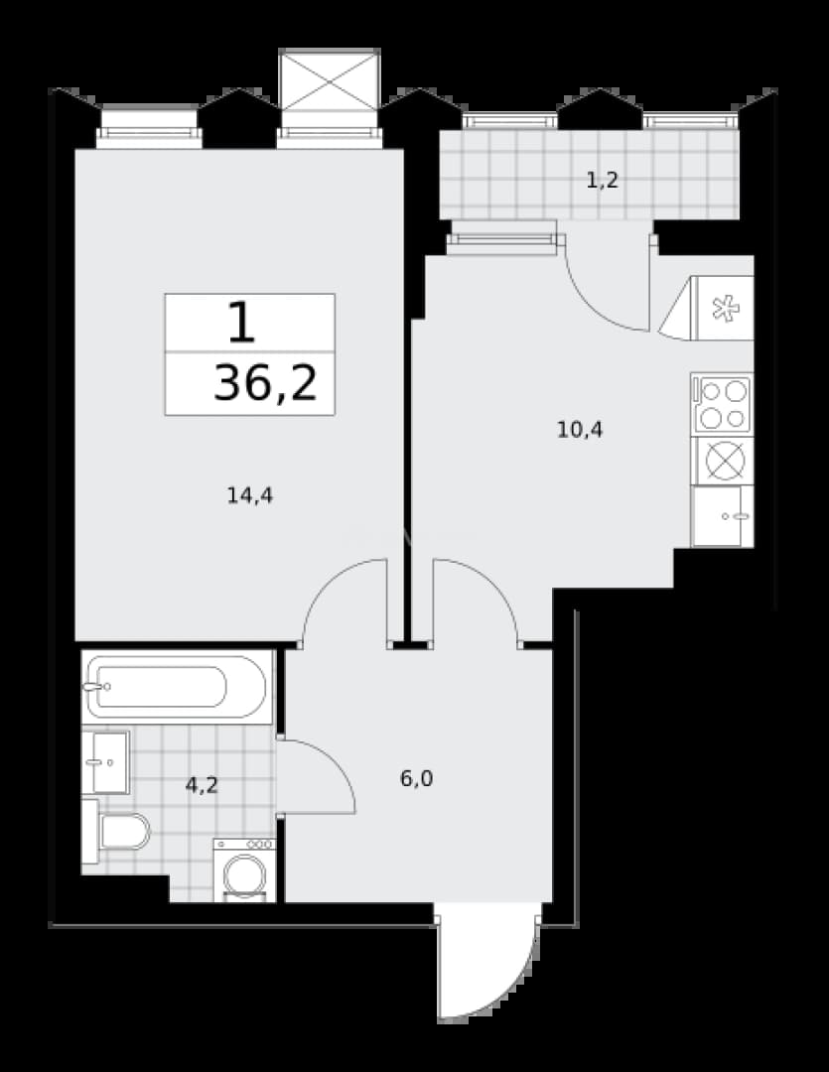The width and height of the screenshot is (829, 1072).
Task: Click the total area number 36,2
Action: tap(265, 383)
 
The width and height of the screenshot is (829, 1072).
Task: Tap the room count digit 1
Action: tap(241, 323)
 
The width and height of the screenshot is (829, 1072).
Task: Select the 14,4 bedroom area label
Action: tap(249, 495)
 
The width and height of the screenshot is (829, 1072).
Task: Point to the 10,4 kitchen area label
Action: tap(580, 430)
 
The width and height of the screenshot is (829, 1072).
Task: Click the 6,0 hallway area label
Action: tap(417, 779)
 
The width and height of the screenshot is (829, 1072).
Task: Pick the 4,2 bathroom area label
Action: tap(202, 785)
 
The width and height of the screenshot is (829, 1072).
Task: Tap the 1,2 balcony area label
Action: tap(603, 180)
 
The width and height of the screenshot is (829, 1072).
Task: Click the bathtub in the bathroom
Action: tap(177, 687)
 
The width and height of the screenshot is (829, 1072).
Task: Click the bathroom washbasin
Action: tap(105, 762)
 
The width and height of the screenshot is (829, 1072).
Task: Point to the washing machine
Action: tap(244, 871)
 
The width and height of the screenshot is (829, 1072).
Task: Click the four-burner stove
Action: tap(723, 404)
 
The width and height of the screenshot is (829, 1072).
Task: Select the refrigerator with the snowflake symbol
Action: tap(707, 309)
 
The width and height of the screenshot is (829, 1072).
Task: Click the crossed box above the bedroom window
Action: tap(330, 79)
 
